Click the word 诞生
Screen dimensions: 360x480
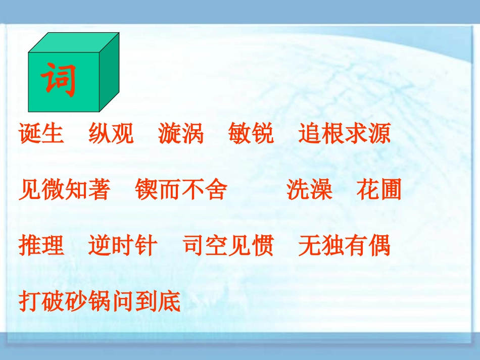click(x=41, y=134)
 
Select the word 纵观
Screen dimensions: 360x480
click(x=111, y=134)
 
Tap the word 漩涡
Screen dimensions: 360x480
click(x=181, y=134)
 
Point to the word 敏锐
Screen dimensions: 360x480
click(x=251, y=134)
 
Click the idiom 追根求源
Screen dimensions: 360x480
click(x=344, y=134)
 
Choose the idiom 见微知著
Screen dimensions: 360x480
click(x=64, y=190)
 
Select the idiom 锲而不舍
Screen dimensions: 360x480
click(x=181, y=190)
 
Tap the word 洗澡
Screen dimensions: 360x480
click(x=309, y=190)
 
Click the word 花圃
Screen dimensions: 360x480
click(x=379, y=190)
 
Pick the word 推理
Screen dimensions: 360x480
click(x=41, y=246)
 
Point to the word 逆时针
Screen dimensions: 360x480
click(x=123, y=246)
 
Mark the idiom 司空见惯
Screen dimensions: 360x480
click(x=228, y=246)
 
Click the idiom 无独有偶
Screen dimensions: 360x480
click(x=344, y=246)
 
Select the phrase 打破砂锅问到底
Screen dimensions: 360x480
click(x=100, y=301)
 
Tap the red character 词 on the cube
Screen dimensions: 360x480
click(x=59, y=80)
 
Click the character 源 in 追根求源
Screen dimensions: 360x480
click(x=379, y=134)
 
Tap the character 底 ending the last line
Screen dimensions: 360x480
click(x=169, y=301)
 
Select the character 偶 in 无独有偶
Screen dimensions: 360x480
click(x=379, y=246)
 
